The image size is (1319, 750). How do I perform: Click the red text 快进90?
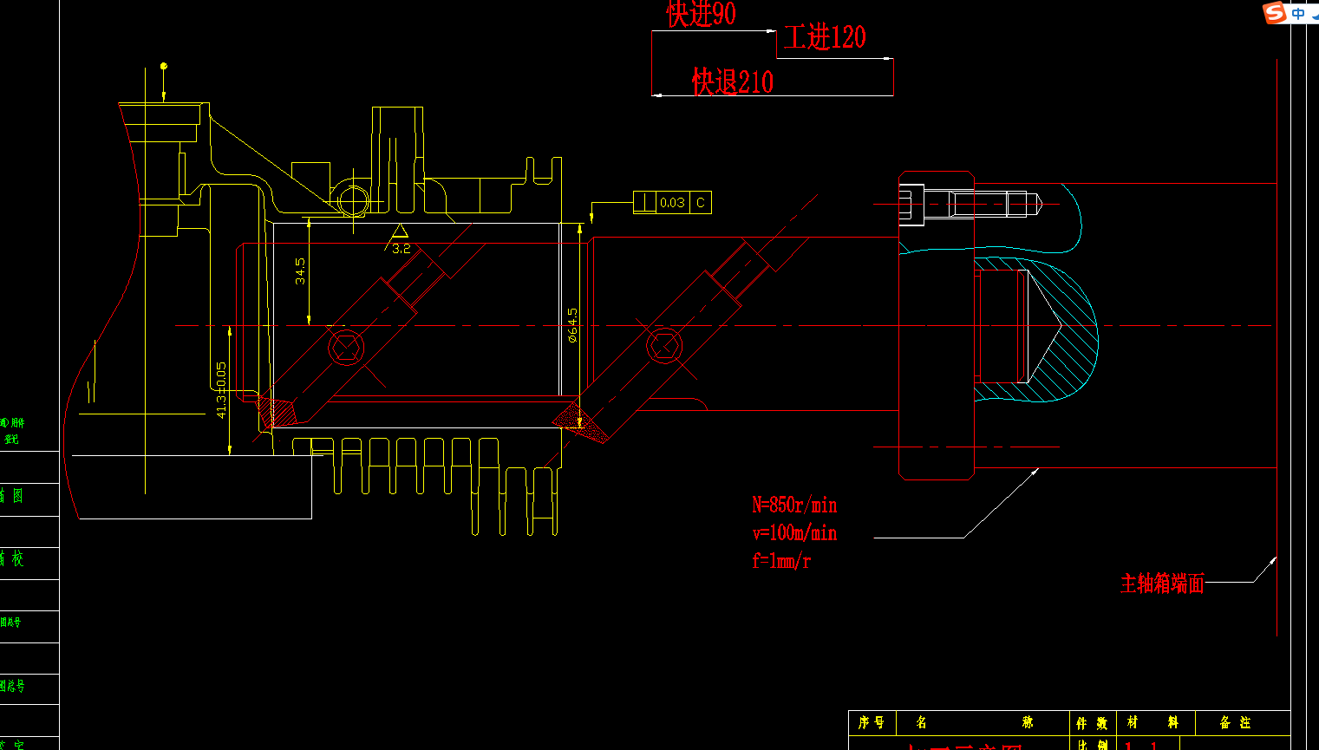click(701, 14)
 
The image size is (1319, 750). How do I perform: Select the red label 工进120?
click(824, 37)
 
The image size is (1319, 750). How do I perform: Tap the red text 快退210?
click(732, 82)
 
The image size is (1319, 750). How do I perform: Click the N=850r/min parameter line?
click(793, 505)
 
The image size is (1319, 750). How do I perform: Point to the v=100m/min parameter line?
click(793, 532)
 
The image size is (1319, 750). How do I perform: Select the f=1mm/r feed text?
click(780, 560)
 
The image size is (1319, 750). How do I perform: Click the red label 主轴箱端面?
click(1162, 584)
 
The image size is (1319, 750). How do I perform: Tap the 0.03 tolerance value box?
click(672, 203)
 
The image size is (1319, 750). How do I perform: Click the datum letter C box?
click(701, 203)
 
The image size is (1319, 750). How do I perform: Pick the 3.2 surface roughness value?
click(401, 249)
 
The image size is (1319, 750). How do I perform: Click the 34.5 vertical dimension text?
click(300, 271)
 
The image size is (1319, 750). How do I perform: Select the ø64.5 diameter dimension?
click(572, 325)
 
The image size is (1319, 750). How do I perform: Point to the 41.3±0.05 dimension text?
click(221, 390)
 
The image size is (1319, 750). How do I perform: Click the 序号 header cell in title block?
click(871, 722)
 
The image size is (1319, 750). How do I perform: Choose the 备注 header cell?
click(1235, 722)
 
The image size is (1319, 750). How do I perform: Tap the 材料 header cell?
click(1152, 722)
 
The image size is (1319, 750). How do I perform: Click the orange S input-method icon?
click(1274, 12)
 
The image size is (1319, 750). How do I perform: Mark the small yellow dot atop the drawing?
click(164, 66)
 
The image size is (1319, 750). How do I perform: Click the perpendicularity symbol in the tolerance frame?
click(644, 203)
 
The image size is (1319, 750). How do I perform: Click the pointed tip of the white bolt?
click(1037, 205)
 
